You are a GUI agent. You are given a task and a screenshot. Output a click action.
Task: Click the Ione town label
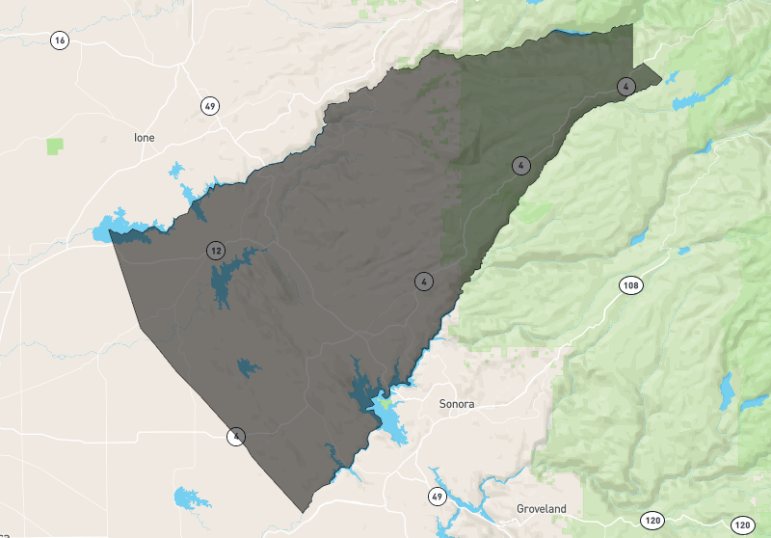point(144,138)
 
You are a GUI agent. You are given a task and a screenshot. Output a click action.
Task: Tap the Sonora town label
point(457,404)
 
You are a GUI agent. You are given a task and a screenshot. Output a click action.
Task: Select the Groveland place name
point(541,508)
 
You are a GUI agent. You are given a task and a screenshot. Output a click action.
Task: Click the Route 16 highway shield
point(61,40)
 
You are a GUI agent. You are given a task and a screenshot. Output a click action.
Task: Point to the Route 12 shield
point(215,251)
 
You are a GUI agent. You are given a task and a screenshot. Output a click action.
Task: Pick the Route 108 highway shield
point(631,285)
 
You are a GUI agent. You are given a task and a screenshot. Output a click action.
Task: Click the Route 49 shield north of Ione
point(209,105)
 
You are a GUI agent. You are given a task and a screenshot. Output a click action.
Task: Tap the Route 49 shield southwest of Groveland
point(437,497)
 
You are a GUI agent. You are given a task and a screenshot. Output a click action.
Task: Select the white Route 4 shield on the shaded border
point(236,436)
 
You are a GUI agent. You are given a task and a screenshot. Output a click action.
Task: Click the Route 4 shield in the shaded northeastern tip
point(626,87)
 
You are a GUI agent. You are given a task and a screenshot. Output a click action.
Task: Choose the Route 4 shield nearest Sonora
point(423,282)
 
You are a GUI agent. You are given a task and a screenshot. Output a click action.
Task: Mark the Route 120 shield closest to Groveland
point(653,521)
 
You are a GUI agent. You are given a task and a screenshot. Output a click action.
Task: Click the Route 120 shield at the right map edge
point(741,525)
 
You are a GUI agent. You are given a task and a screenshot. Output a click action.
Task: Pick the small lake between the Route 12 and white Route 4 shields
point(248,367)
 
